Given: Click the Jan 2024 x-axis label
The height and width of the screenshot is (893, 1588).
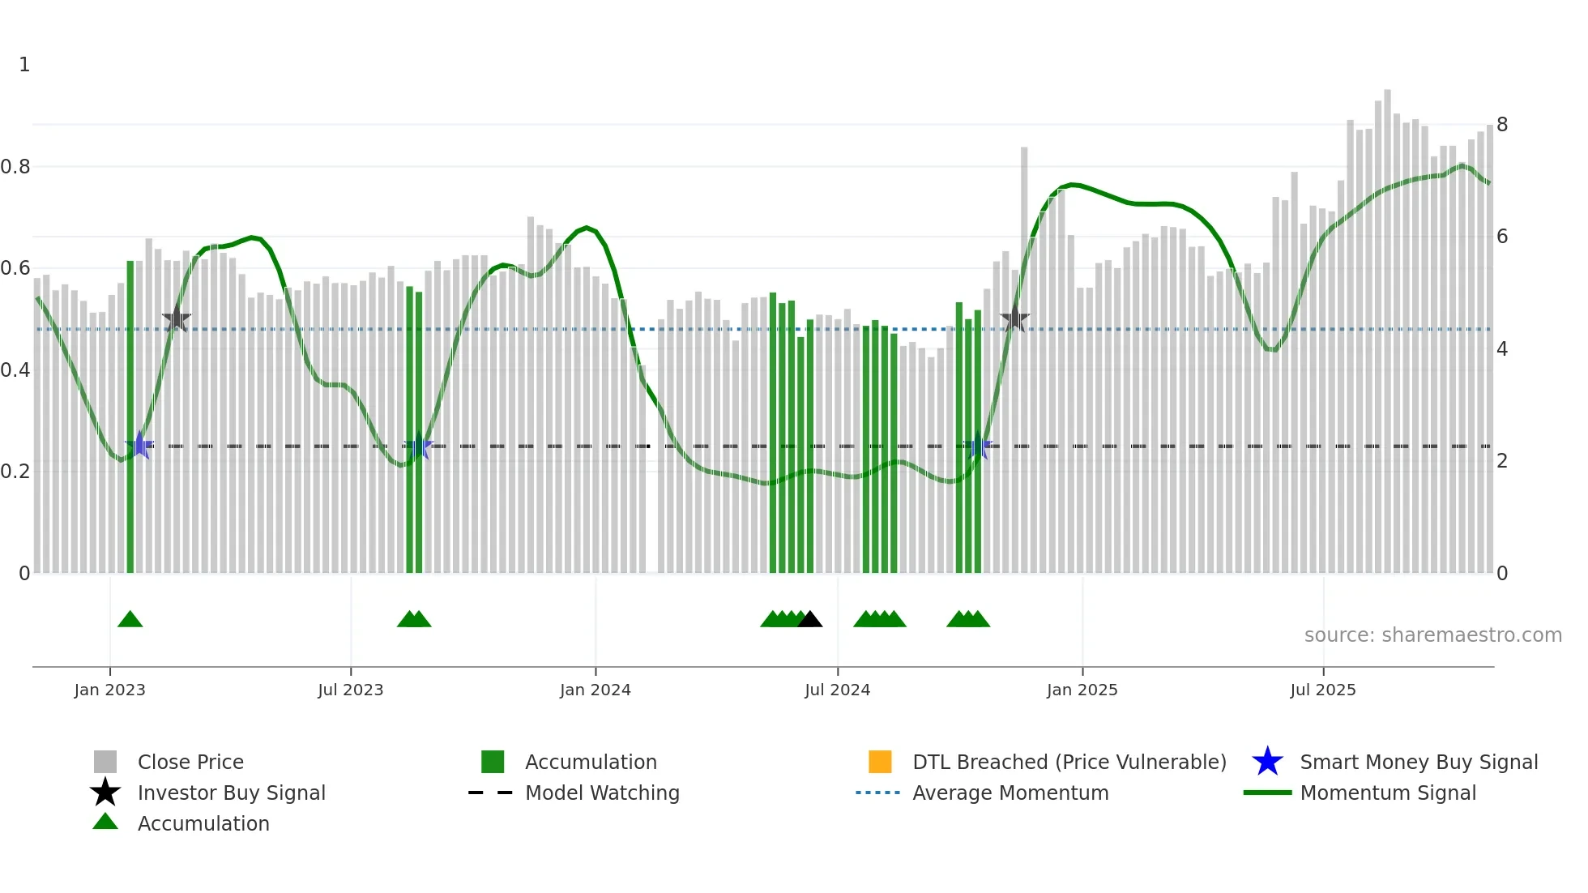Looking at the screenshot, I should pyautogui.click(x=595, y=690).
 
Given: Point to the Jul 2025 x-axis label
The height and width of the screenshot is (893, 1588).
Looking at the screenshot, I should pyautogui.click(x=1322, y=690).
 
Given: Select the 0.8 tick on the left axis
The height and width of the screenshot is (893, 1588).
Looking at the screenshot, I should pyautogui.click(x=16, y=167).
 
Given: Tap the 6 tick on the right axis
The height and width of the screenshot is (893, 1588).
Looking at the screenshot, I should pyautogui.click(x=1502, y=237).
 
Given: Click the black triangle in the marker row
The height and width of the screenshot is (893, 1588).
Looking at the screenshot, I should pyautogui.click(x=809, y=619).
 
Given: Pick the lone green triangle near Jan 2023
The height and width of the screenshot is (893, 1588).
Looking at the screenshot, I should pyautogui.click(x=130, y=619).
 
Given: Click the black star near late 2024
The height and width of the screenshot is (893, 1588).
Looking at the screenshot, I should pyautogui.click(x=1014, y=319).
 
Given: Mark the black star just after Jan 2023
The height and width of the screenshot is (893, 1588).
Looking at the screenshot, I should pyautogui.click(x=177, y=319).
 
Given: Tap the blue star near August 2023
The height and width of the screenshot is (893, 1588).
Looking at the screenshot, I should pyautogui.click(x=418, y=446).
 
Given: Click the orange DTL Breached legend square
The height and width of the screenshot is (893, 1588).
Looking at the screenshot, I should pyautogui.click(x=880, y=762).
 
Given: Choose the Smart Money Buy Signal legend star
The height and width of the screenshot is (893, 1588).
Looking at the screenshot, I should pyautogui.click(x=1267, y=762).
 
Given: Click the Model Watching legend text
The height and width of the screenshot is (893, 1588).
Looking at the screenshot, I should pyautogui.click(x=602, y=793).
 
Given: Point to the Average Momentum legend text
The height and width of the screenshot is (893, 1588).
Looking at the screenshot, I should pyautogui.click(x=1010, y=793).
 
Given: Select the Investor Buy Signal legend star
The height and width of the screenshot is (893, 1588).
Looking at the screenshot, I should pyautogui.click(x=105, y=793).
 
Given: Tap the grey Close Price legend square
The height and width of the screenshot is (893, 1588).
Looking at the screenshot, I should pyautogui.click(x=105, y=762).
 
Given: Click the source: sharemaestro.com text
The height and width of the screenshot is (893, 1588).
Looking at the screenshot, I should pyautogui.click(x=1432, y=635).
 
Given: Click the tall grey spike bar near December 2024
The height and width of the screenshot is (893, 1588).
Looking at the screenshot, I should pyautogui.click(x=1024, y=357).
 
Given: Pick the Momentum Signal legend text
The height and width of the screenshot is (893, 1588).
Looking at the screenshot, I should pyautogui.click(x=1388, y=793).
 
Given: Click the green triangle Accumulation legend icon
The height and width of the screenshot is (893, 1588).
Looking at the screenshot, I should pyautogui.click(x=105, y=822).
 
